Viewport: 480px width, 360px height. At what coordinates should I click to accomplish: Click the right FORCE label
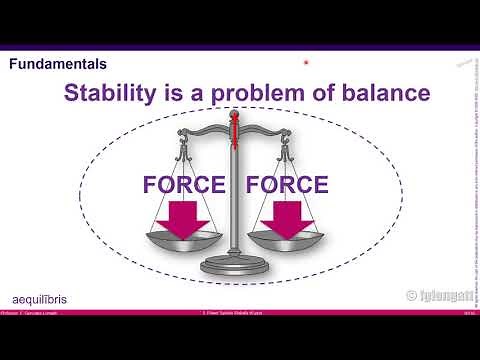tap(286, 185)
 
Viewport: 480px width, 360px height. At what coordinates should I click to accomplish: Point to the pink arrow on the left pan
tap(186, 220)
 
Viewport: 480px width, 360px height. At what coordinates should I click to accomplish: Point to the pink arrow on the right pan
tap(287, 220)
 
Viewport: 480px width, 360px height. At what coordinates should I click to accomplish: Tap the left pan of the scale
tap(186, 241)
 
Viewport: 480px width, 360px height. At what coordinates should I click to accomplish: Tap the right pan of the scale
tap(287, 241)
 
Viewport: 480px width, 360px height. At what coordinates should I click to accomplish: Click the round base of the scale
tap(236, 267)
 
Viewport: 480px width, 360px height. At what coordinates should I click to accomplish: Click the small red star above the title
tap(306, 64)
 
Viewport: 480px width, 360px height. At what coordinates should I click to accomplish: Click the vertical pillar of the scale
tap(237, 200)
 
